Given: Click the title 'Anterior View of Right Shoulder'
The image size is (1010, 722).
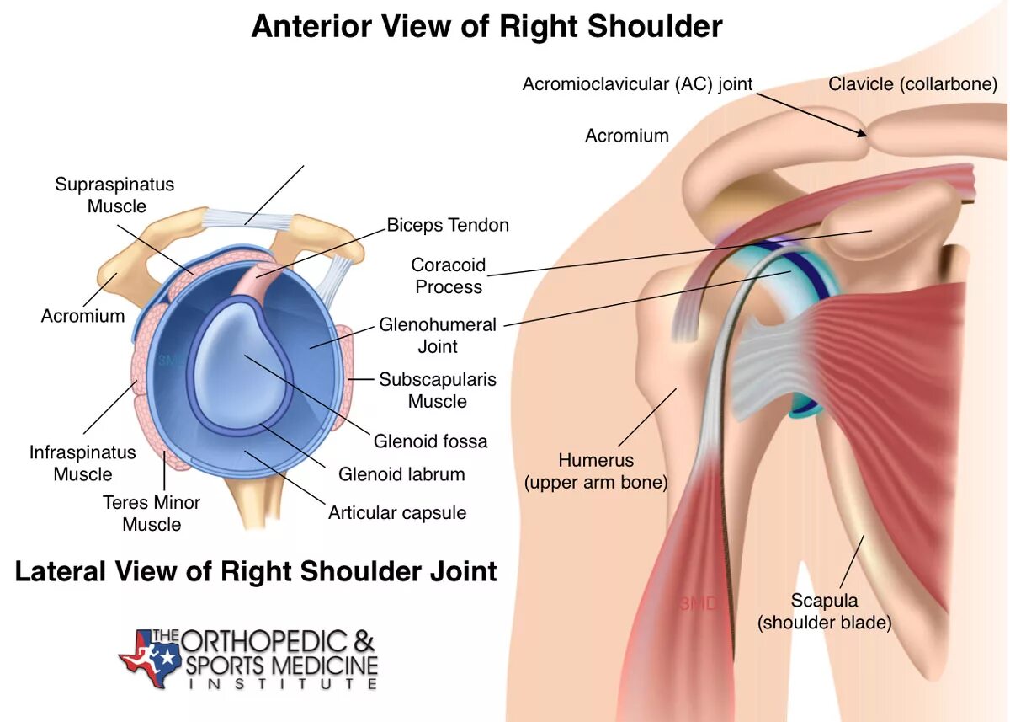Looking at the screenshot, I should pyautogui.click(x=486, y=26).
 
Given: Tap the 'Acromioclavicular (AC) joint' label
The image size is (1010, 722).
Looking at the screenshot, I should pyautogui.click(x=637, y=84).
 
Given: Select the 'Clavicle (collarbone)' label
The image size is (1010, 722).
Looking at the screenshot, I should pyautogui.click(x=912, y=84).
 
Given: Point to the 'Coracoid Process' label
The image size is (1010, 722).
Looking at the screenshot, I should pyautogui.click(x=449, y=275).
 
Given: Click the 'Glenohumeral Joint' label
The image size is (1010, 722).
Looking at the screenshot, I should pyautogui.click(x=438, y=335).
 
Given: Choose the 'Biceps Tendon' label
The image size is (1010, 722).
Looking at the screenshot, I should pyautogui.click(x=448, y=225).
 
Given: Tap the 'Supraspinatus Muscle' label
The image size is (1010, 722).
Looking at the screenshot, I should pyautogui.click(x=114, y=195).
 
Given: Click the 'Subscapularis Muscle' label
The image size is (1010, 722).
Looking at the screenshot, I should pyautogui.click(x=438, y=390).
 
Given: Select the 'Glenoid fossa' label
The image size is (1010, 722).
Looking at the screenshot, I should pyautogui.click(x=431, y=441).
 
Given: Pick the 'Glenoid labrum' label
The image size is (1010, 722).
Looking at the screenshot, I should pyautogui.click(x=401, y=474).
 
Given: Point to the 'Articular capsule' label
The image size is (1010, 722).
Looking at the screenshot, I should pyautogui.click(x=397, y=513).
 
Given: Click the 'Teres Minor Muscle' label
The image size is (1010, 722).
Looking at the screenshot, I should pyautogui.click(x=151, y=513).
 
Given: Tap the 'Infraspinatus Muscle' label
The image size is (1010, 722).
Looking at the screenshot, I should pyautogui.click(x=82, y=463).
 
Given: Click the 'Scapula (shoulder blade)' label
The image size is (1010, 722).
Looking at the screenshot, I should pyautogui.click(x=824, y=612).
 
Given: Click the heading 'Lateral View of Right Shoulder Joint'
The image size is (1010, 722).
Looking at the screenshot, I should pyautogui.click(x=256, y=571).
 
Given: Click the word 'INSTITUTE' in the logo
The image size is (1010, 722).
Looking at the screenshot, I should pyautogui.click(x=282, y=684).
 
